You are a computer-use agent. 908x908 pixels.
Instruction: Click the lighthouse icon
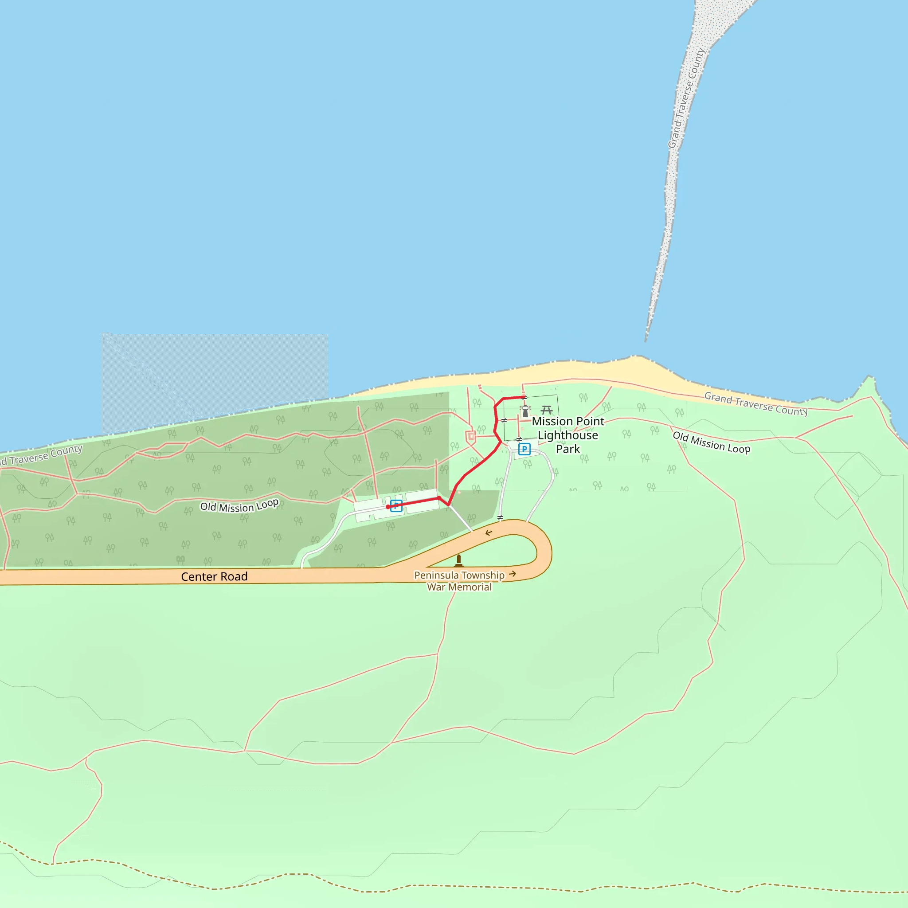click(525, 412)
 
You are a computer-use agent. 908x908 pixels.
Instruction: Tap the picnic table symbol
click(546, 410)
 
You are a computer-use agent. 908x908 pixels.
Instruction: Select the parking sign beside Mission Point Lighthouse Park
click(524, 449)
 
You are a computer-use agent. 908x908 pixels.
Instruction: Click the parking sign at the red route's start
click(396, 506)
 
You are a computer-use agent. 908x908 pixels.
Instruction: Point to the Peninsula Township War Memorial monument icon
click(459, 561)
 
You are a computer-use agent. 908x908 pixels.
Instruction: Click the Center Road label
click(214, 577)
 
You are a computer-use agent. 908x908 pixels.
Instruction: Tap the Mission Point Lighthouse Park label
click(568, 435)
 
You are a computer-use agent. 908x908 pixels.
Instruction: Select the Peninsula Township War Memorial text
click(459, 581)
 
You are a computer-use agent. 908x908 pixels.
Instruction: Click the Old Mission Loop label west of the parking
click(239, 506)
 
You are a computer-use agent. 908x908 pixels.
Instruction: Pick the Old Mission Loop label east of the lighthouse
click(711, 443)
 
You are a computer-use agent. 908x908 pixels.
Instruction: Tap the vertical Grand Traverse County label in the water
click(686, 99)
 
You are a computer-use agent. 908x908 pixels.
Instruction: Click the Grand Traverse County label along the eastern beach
click(756, 404)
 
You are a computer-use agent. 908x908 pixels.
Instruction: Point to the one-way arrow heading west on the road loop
click(489, 532)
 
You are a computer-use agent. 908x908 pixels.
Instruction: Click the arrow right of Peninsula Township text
click(513, 574)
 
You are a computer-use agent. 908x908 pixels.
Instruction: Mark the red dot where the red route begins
click(388, 507)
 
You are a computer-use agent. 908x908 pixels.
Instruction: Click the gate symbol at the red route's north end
click(524, 398)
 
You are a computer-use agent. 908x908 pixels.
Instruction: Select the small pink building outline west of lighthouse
click(471, 437)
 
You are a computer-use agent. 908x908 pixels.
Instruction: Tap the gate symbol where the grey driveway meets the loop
click(500, 517)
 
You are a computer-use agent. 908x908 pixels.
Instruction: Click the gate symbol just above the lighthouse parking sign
click(519, 439)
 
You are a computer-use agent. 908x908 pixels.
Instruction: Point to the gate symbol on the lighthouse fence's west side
click(504, 420)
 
